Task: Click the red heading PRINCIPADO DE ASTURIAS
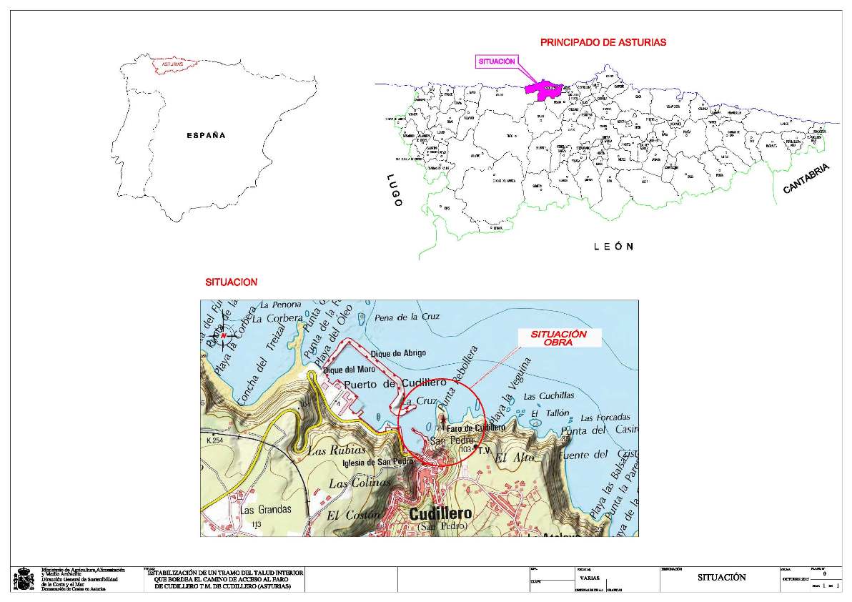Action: [603, 43]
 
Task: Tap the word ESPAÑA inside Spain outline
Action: [206, 135]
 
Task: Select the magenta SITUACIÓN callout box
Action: [496, 61]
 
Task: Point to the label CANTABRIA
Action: [806, 179]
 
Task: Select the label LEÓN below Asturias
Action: [613, 247]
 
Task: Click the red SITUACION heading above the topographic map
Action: [231, 282]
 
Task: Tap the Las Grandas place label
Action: [266, 510]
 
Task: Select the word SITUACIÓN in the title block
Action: [721, 578]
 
